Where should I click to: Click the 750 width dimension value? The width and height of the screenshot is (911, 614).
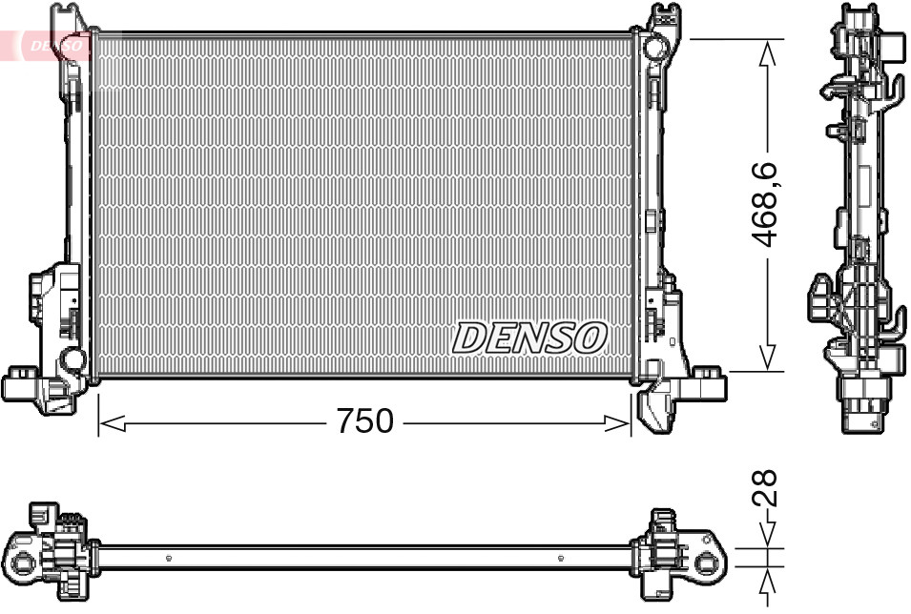[x=364, y=420]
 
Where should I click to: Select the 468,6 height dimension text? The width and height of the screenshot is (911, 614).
[x=767, y=204]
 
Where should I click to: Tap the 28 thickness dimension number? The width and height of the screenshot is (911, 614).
[x=767, y=487]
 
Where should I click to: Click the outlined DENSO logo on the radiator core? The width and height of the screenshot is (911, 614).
[x=529, y=338]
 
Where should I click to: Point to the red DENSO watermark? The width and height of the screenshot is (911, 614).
[x=52, y=45]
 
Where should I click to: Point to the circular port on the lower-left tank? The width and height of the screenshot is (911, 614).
[x=72, y=359]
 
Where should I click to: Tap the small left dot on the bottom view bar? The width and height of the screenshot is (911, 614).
[x=168, y=558]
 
